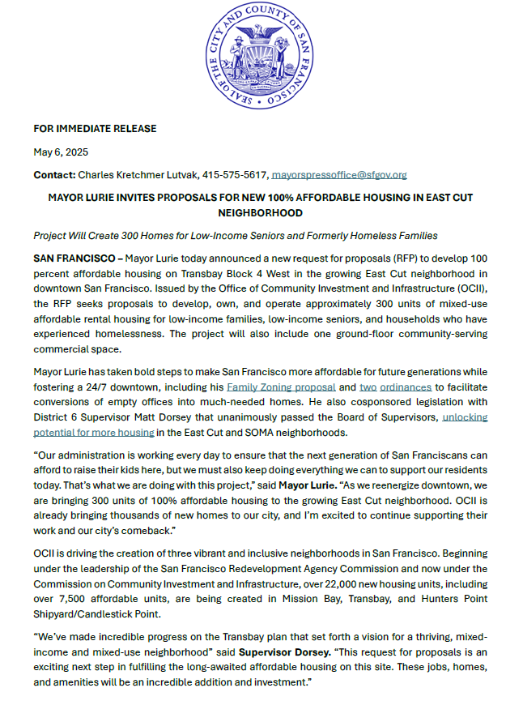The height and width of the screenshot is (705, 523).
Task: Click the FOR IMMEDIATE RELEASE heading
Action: pyautogui.click(x=95, y=129)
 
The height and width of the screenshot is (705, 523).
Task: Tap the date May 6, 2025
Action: pyautogui.click(x=61, y=152)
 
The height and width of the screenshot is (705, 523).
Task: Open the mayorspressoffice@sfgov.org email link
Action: pyautogui.click(x=338, y=174)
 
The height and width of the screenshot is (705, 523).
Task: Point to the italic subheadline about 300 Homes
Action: pyautogui.click(x=236, y=235)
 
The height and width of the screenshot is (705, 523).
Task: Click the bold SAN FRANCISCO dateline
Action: pyautogui.click(x=74, y=258)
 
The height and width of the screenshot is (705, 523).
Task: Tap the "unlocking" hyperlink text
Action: pyautogui.click(x=464, y=417)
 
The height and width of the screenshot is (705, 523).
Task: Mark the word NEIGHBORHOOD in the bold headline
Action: pyautogui.click(x=261, y=212)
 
